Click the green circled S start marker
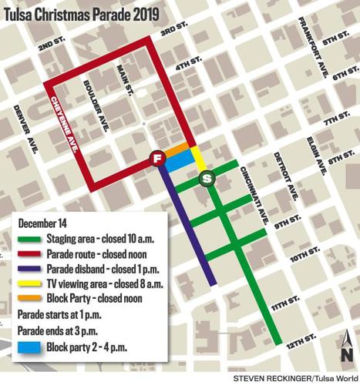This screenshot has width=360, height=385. point(207,179)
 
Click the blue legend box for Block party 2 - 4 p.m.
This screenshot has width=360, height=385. point(29,346)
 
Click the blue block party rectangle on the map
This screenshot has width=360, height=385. point(179,159)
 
